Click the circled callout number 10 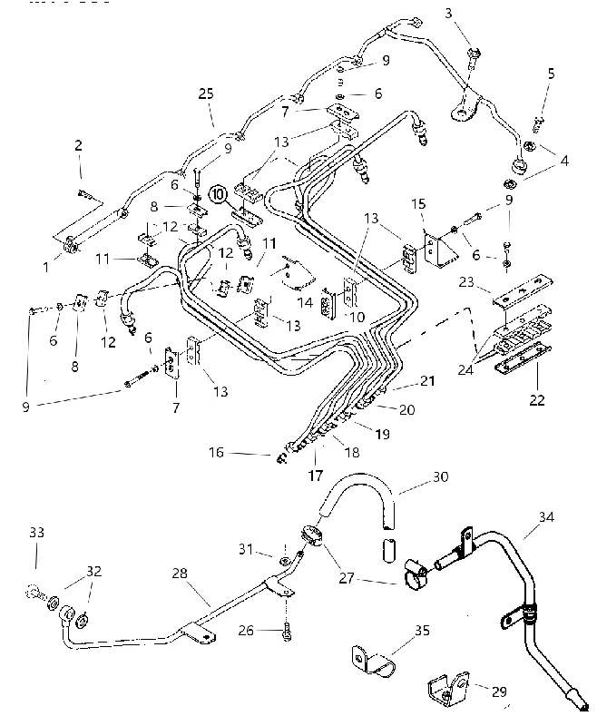pos(218,193)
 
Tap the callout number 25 pos(206,94)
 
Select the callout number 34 pos(546,516)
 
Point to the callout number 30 pos(440,476)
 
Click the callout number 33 pos(36,533)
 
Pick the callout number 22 pos(537,399)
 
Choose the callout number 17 pos(315,476)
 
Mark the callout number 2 pos(78,145)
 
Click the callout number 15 pos(418,204)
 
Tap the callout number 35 pos(422,630)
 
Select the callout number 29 pos(499,692)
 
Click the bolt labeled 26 pos(287,632)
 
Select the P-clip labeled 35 pos(373,660)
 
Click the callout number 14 pos(305,303)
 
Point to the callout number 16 pos(216,452)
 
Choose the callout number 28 pos(180,574)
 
